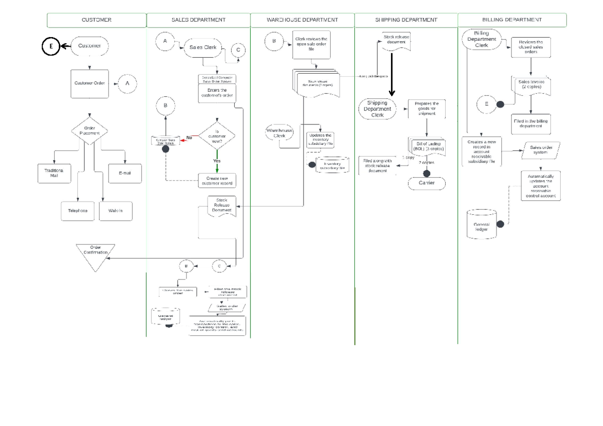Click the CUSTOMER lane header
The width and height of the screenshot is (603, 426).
point(96,20)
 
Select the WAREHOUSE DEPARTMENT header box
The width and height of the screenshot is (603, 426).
point(302,20)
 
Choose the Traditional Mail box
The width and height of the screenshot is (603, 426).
point(54,173)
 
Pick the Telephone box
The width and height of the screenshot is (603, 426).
point(78,211)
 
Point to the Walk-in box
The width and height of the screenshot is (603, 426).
point(116,211)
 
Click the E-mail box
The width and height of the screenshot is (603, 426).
point(125,173)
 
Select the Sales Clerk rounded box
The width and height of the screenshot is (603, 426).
point(203,47)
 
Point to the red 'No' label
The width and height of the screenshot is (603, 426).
point(189,137)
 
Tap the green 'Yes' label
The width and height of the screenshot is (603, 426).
point(217,161)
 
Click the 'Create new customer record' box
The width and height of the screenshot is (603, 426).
point(217,180)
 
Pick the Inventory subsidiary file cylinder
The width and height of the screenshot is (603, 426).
point(332,166)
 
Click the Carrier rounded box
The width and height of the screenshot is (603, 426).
point(427,183)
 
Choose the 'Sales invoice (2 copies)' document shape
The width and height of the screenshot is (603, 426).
point(531,84)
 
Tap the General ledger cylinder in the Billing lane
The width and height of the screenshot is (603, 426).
point(481,224)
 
